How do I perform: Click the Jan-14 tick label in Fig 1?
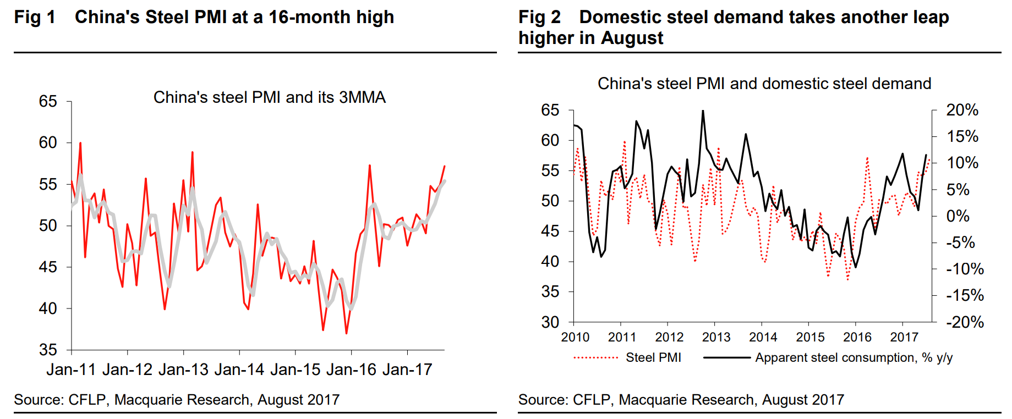239,370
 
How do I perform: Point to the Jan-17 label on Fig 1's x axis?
407,370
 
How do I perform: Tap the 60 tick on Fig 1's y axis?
48,143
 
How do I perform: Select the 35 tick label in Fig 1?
48,350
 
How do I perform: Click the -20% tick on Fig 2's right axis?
965,322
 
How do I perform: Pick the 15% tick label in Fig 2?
962,136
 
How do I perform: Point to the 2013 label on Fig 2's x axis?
716,337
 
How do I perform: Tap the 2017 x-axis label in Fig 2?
904,337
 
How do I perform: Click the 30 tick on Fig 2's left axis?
550,322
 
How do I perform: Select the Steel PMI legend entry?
653,357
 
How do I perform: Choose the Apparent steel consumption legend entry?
854,357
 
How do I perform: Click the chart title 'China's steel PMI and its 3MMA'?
269,97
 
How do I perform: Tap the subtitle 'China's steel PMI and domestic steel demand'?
764,84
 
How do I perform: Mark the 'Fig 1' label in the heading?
35,17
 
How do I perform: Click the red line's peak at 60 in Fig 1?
80,143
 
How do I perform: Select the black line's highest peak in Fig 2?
703,111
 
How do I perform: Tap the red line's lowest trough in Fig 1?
346,333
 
